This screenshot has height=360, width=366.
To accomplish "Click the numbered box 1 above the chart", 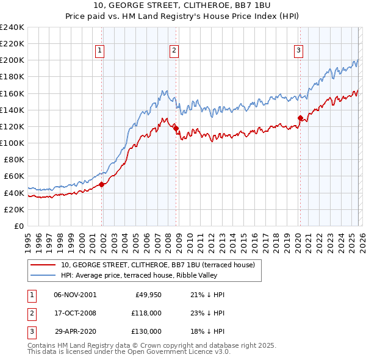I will tap(99, 51).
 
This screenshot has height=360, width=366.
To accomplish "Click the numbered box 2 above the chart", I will tap(174, 51).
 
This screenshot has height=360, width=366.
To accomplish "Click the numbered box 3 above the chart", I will tap(299, 51).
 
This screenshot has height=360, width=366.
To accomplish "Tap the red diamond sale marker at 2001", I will tap(102, 184).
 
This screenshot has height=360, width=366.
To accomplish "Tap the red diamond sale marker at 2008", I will tap(176, 128).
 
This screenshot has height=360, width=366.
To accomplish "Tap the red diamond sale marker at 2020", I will tap(300, 118).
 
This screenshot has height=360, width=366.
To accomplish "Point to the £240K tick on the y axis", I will tap(12, 27).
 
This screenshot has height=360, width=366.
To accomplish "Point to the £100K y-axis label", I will tap(12, 143).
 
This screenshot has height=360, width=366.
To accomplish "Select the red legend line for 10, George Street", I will tap(43, 265).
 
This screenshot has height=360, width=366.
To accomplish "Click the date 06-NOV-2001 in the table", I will tap(75, 295).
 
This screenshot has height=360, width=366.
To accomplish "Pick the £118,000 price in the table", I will tap(146, 313).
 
